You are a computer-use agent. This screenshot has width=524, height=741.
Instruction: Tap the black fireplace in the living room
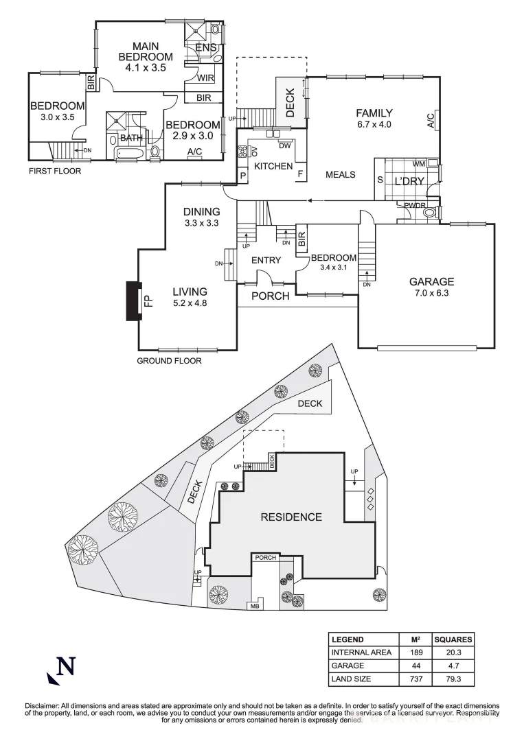pos(132,301)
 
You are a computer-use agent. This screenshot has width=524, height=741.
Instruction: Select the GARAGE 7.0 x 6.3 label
pos(431,287)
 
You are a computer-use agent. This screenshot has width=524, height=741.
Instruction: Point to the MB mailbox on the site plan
pos(254,606)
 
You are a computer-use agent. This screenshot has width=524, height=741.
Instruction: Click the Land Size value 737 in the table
pos(415,679)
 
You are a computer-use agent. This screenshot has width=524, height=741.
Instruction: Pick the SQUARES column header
pos(453,639)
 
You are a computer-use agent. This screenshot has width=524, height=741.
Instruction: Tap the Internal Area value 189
pos(415,652)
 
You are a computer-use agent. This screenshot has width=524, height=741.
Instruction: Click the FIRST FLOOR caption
pos(54,171)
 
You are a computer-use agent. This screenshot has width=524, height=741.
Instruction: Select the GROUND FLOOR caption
pos(169,360)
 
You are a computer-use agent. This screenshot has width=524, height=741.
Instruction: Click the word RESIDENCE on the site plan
pos(291,517)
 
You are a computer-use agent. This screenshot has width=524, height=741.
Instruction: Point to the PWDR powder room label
pos(414,205)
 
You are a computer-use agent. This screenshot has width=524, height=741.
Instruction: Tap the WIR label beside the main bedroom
pos(205,78)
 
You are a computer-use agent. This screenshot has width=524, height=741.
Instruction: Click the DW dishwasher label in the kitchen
pos(285,145)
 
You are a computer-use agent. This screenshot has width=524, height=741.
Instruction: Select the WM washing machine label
pos(419,165)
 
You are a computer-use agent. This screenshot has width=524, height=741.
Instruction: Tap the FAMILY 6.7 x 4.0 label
pos(374,119)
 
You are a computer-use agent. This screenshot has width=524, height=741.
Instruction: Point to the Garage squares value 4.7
pos(453,666)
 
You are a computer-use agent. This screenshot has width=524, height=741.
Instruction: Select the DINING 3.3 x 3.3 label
pos(201,217)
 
